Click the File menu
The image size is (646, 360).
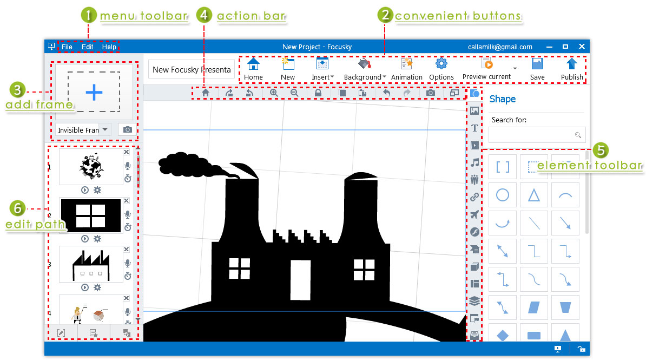pos(67,47)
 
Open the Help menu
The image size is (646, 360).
pos(109,47)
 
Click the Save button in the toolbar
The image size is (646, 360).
pos(537,69)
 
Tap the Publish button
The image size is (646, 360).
pos(572,69)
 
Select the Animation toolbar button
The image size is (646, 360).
pos(406,69)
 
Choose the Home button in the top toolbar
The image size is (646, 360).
pos(253,69)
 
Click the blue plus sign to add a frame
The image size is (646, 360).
pos(94,92)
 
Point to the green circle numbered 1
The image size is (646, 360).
pos(89,15)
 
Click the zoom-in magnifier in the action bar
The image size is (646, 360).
pos(274,93)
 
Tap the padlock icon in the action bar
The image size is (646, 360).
pos(318,93)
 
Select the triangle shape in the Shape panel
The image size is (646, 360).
pos(534,195)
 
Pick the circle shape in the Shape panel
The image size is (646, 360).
pos(503,195)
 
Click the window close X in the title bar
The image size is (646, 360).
pos(582,47)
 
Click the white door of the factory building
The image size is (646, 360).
pos(301,280)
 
